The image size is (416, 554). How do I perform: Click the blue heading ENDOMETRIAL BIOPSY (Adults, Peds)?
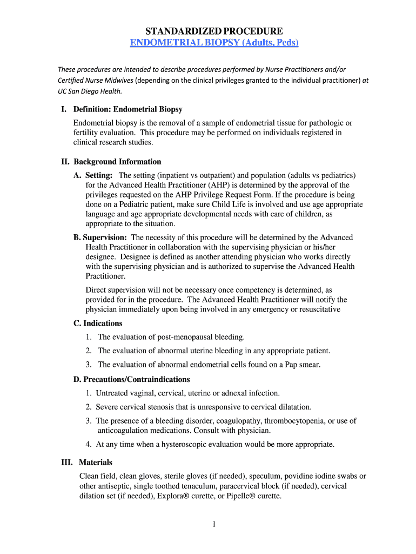click(x=214, y=43)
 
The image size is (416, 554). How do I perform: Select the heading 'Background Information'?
click(x=117, y=162)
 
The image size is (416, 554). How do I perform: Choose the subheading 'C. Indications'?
click(x=98, y=324)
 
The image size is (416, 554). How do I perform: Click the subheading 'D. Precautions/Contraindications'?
click(x=131, y=379)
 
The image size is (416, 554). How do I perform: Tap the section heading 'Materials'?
click(x=96, y=463)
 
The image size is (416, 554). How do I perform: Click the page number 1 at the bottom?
click(x=214, y=524)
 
